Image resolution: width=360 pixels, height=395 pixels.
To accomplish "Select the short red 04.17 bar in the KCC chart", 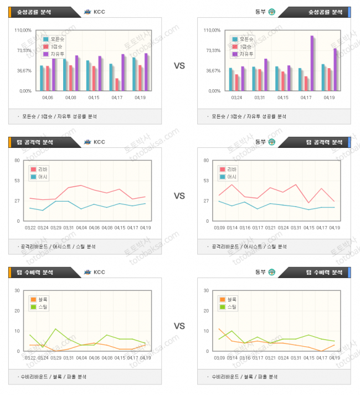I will point(117,84).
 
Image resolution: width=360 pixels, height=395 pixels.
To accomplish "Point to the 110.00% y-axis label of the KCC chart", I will point(22,30).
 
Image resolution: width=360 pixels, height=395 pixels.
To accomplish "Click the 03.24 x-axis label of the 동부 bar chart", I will point(236,98).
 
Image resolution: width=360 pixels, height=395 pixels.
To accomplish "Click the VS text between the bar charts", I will point(179,66).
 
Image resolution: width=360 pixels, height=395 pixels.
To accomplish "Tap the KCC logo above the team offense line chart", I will point(88,142).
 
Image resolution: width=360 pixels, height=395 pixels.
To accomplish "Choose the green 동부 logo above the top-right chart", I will point(271,12).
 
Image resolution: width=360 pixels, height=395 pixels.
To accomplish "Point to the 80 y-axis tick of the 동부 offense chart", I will point(206,161).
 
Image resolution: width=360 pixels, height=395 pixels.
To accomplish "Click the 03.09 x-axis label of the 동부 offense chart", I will point(218,228).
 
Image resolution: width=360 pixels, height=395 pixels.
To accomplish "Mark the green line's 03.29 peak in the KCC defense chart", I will point(55,329).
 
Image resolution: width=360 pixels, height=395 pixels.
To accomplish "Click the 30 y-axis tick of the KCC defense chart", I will point(18,291).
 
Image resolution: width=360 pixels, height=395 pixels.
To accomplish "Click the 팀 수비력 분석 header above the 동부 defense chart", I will point(322,272).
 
